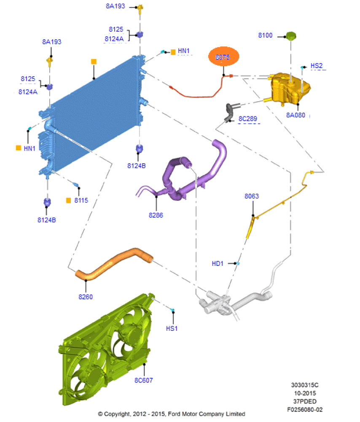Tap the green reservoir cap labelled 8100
tap(291, 35)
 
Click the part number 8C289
tap(247, 119)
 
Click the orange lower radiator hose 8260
tap(114, 263)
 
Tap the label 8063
tap(252, 196)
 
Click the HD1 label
tap(218, 264)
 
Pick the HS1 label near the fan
tap(172, 328)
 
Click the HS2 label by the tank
tap(317, 66)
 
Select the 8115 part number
tap(81, 200)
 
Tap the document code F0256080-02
tap(305, 409)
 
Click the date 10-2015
tap(305, 393)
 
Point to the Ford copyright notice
tap(172, 414)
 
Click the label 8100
tap(265, 35)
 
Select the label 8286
tap(156, 215)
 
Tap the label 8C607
tap(144, 380)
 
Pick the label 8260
tap(86, 297)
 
